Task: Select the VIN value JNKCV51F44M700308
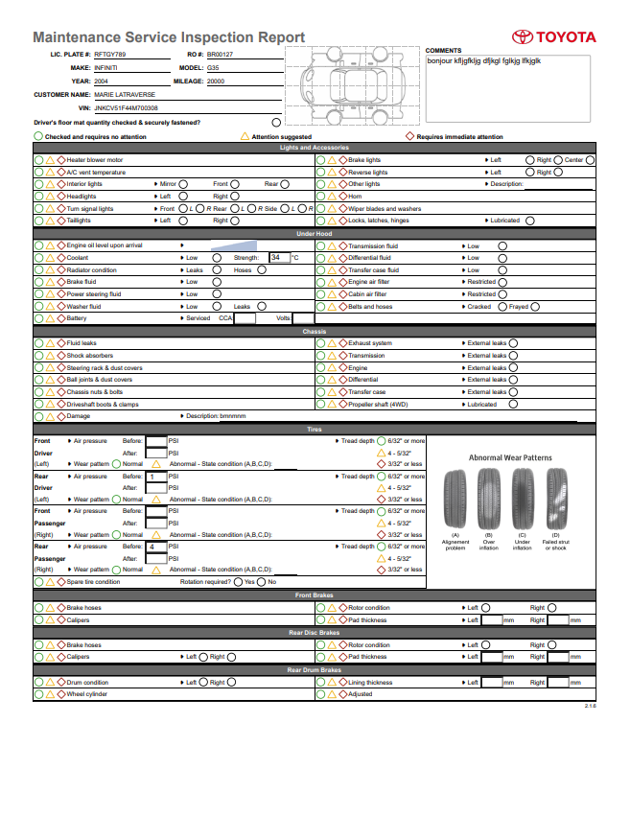tap(127, 108)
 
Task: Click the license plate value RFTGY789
tap(110, 56)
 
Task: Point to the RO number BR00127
tap(220, 56)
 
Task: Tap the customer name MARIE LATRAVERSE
tap(126, 95)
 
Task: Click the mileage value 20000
tap(216, 82)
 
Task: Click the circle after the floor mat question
tap(276, 123)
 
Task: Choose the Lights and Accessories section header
tap(315, 148)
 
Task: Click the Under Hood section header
tap(315, 234)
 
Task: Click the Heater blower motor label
tap(95, 160)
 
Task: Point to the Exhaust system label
tap(370, 343)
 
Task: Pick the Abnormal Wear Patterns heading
tap(509, 457)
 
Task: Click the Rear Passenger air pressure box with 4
tap(155, 547)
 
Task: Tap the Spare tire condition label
tap(93, 582)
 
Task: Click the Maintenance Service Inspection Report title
tap(169, 37)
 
